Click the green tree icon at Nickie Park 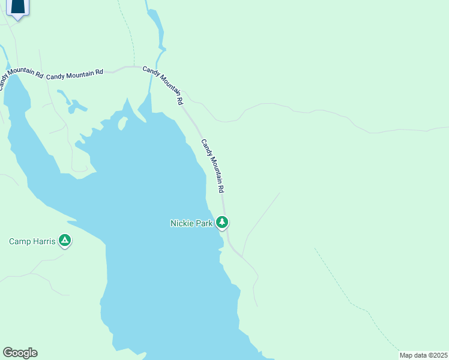[x=223, y=223]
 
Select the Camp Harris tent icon [x=65, y=241]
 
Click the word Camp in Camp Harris [x=20, y=241]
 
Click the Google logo [x=20, y=353]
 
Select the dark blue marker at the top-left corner [x=19, y=8]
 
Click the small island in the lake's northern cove [x=123, y=124]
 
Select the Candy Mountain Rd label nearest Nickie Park [x=212, y=166]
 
